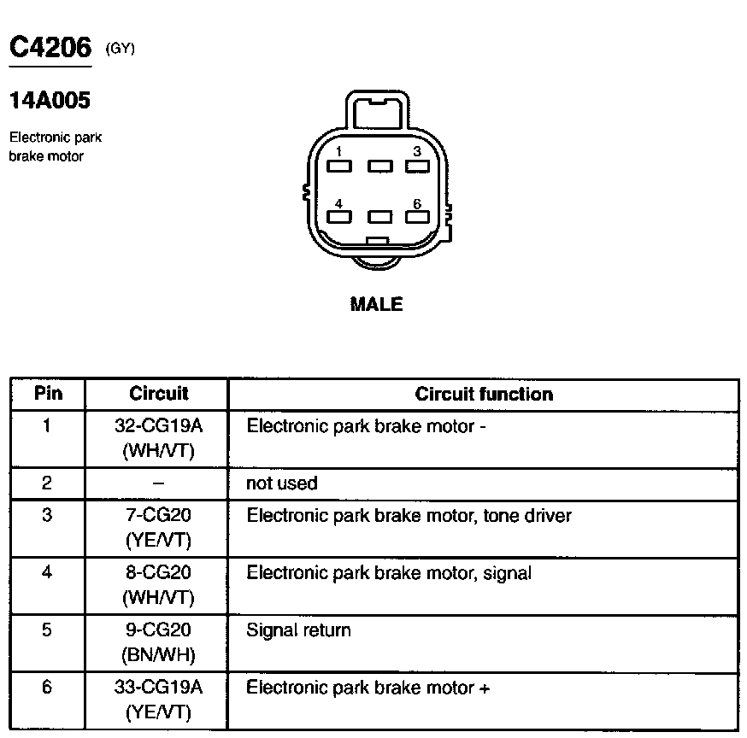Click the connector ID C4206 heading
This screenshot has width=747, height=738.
pos(50,46)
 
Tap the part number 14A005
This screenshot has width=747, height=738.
pos(50,102)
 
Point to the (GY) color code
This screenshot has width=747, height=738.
pos(121,49)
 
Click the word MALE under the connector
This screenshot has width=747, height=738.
pos(376,304)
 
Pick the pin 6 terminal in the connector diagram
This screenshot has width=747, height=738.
pos(416,217)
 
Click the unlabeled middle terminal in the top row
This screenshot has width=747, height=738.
pos(379,167)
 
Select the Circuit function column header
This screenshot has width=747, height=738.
pos(484,394)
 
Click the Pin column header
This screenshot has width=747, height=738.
pos(48,394)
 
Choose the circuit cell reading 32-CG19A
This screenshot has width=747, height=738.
pos(158,425)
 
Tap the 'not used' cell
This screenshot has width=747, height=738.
pos(281,483)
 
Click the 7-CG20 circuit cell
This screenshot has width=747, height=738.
pos(158,516)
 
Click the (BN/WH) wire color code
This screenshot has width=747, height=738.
pos(158,655)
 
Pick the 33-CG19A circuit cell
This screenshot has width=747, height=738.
pos(158,688)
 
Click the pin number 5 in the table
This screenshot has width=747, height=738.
pos(47,630)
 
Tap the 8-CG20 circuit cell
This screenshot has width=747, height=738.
pos(158,573)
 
